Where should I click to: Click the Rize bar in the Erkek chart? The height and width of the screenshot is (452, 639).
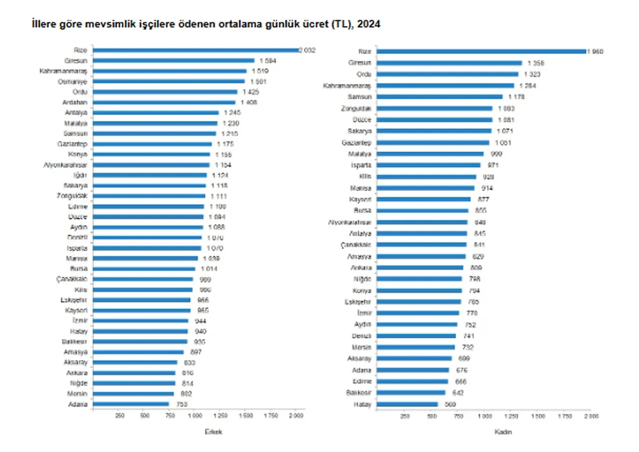click(x=196, y=50)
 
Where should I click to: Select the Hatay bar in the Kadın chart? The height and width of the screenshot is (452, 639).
click(x=407, y=404)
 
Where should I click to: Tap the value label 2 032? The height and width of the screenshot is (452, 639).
click(x=308, y=50)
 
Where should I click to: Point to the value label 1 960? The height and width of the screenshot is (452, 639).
click(x=595, y=51)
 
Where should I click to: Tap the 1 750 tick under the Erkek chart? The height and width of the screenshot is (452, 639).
click(x=271, y=415)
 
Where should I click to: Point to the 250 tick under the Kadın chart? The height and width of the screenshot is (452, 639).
click(x=404, y=415)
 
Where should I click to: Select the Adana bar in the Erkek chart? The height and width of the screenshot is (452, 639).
click(x=131, y=404)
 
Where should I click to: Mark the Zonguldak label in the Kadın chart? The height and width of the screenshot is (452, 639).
click(x=358, y=108)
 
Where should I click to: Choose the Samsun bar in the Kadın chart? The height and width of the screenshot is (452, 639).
click(x=439, y=96)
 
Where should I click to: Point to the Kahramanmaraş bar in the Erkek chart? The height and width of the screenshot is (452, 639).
click(x=170, y=71)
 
